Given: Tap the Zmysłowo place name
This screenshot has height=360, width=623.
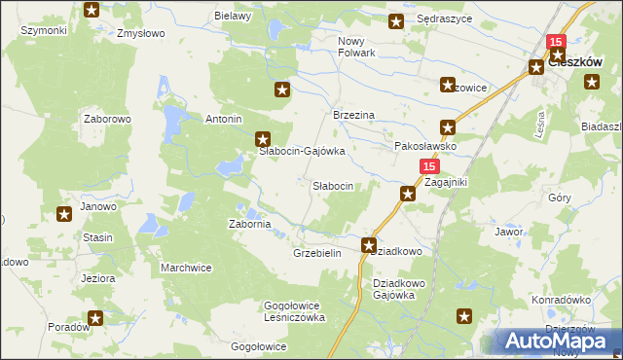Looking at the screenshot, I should pyautogui.click(x=137, y=33).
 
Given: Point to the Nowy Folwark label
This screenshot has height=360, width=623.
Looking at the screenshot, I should pyautogui.click(x=356, y=47).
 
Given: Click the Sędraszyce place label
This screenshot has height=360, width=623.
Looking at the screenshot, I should pyautogui.click(x=443, y=19).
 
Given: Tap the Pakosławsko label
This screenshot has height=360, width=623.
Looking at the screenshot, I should pyautogui.click(x=425, y=146).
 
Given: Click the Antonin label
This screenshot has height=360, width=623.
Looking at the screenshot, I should pyautogui.click(x=223, y=120).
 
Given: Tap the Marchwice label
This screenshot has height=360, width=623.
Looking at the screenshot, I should pyautogui.click(x=186, y=268).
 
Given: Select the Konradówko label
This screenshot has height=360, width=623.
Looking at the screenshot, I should pyautogui.click(x=563, y=300).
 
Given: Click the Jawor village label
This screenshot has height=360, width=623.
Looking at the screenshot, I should pyautogui.click(x=509, y=233).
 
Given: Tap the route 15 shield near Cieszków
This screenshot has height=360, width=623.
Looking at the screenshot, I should pyautogui.click(x=556, y=43).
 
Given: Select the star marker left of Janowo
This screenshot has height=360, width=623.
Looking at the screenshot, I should pyautogui.click(x=64, y=215).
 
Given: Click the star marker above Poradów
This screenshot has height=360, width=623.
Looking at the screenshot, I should pyautogui.click(x=95, y=317).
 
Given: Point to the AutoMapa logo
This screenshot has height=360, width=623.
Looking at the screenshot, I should pyautogui.click(x=557, y=341).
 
